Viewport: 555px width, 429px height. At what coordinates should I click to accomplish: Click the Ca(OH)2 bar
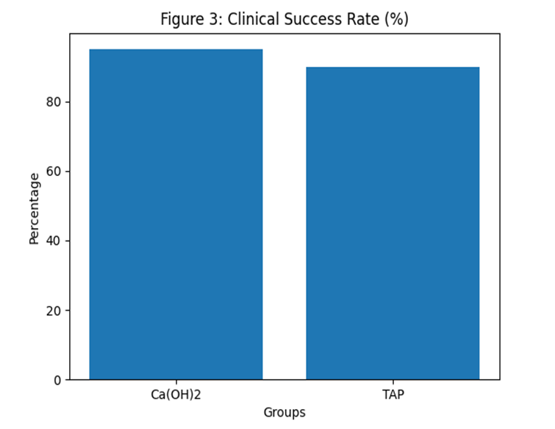(176, 214)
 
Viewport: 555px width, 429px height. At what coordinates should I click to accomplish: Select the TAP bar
(393, 223)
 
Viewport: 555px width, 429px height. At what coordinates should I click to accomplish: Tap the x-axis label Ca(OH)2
(176, 394)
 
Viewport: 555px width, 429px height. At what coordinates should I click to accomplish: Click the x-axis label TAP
(393, 394)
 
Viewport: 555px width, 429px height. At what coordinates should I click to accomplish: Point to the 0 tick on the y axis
(57, 380)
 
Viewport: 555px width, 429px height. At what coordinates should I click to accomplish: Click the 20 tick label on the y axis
(54, 311)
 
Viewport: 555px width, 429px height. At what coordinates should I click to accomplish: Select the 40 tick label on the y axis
(54, 241)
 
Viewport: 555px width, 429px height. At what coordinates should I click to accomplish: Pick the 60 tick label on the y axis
(54, 171)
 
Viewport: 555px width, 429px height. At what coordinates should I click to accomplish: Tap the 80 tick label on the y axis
(54, 102)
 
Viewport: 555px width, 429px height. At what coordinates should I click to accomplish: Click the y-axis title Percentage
(35, 209)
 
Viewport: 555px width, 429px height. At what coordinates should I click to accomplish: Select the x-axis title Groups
(284, 413)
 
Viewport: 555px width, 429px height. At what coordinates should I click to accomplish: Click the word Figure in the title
(182, 19)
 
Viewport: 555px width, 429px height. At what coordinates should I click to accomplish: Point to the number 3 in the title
(215, 19)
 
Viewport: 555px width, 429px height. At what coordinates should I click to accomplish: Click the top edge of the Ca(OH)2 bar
(176, 49)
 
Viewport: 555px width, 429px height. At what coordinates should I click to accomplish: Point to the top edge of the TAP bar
(393, 67)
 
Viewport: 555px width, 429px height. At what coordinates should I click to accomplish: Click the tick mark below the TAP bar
(393, 382)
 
